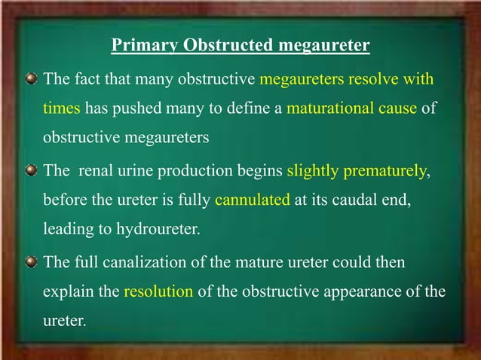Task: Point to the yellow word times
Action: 61,108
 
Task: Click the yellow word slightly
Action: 312,170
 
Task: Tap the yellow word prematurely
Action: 384,170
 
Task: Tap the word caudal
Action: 347,200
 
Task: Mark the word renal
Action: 92,170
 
